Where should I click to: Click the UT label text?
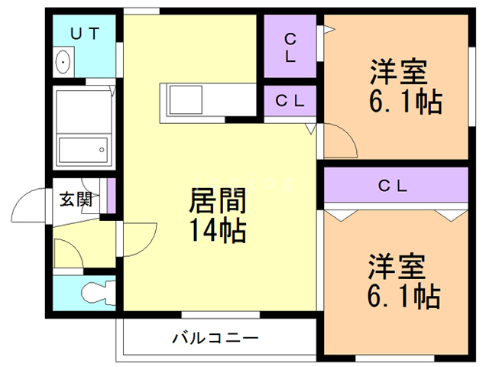click(x=83, y=34)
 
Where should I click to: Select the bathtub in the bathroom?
click(x=83, y=148)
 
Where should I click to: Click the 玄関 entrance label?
click(x=76, y=200)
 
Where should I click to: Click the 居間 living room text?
click(x=219, y=202)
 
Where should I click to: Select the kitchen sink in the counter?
click(x=184, y=99)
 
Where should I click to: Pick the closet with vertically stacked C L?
click(x=290, y=47)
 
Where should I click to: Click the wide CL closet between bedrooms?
click(x=393, y=186)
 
